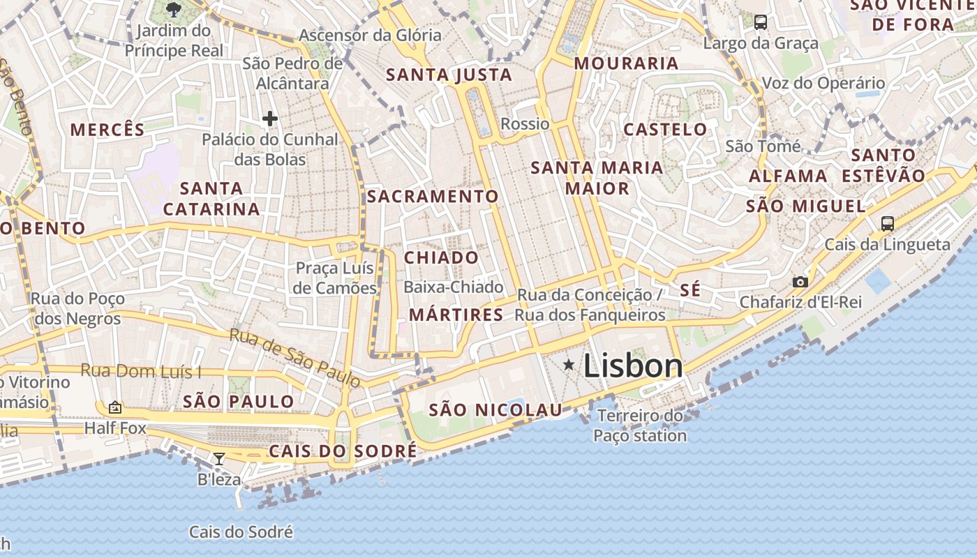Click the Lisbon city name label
click(632, 366)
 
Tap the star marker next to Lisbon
click(569, 364)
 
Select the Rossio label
click(525, 124)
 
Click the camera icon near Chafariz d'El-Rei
click(800, 282)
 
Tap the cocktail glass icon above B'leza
click(219, 458)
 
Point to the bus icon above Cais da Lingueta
click(887, 224)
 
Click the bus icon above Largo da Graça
click(761, 22)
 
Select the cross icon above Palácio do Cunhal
click(270, 119)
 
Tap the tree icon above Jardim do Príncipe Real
click(174, 10)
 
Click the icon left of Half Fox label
click(115, 407)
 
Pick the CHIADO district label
click(442, 258)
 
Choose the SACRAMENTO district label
click(433, 197)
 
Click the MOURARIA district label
click(626, 63)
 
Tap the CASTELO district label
click(665, 129)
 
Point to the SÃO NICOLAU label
click(495, 410)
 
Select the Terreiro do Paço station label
click(640, 426)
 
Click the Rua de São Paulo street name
click(295, 358)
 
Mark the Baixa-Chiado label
click(453, 287)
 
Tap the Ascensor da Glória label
click(370, 35)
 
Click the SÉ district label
click(689, 290)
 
